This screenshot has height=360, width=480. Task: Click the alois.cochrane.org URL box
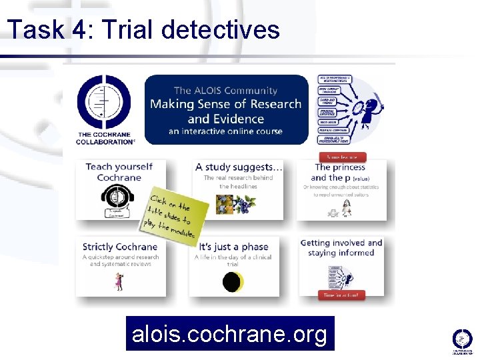pyautogui.click(x=230, y=333)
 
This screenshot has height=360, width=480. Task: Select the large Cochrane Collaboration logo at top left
pyautogui.click(x=105, y=109)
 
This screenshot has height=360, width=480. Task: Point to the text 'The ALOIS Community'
pyautogui.click(x=225, y=90)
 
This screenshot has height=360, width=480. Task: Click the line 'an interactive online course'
pyautogui.click(x=225, y=131)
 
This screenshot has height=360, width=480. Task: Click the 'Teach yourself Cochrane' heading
pyautogui.click(x=119, y=172)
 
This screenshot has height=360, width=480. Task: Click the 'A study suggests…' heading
pyautogui.click(x=239, y=167)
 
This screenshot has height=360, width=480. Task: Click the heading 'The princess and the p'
pyautogui.click(x=340, y=172)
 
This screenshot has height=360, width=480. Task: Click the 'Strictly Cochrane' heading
pyautogui.click(x=119, y=247)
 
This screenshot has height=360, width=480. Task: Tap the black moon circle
pyautogui.click(x=231, y=282)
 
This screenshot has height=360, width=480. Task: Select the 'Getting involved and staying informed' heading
pyautogui.click(x=341, y=248)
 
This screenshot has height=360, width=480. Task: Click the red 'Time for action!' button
pyautogui.click(x=341, y=295)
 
